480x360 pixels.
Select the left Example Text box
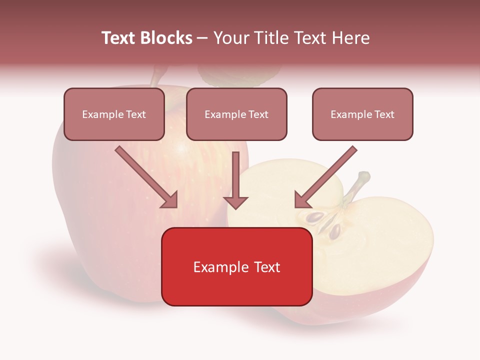click(x=114, y=114)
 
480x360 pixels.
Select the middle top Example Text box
click(x=236, y=114)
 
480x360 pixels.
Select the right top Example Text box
click(x=362, y=114)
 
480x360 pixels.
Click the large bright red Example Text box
click(x=236, y=267)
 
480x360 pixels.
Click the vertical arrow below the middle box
click(x=235, y=180)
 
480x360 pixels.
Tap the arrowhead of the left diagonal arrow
click(x=170, y=200)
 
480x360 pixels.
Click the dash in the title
click(x=202, y=38)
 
